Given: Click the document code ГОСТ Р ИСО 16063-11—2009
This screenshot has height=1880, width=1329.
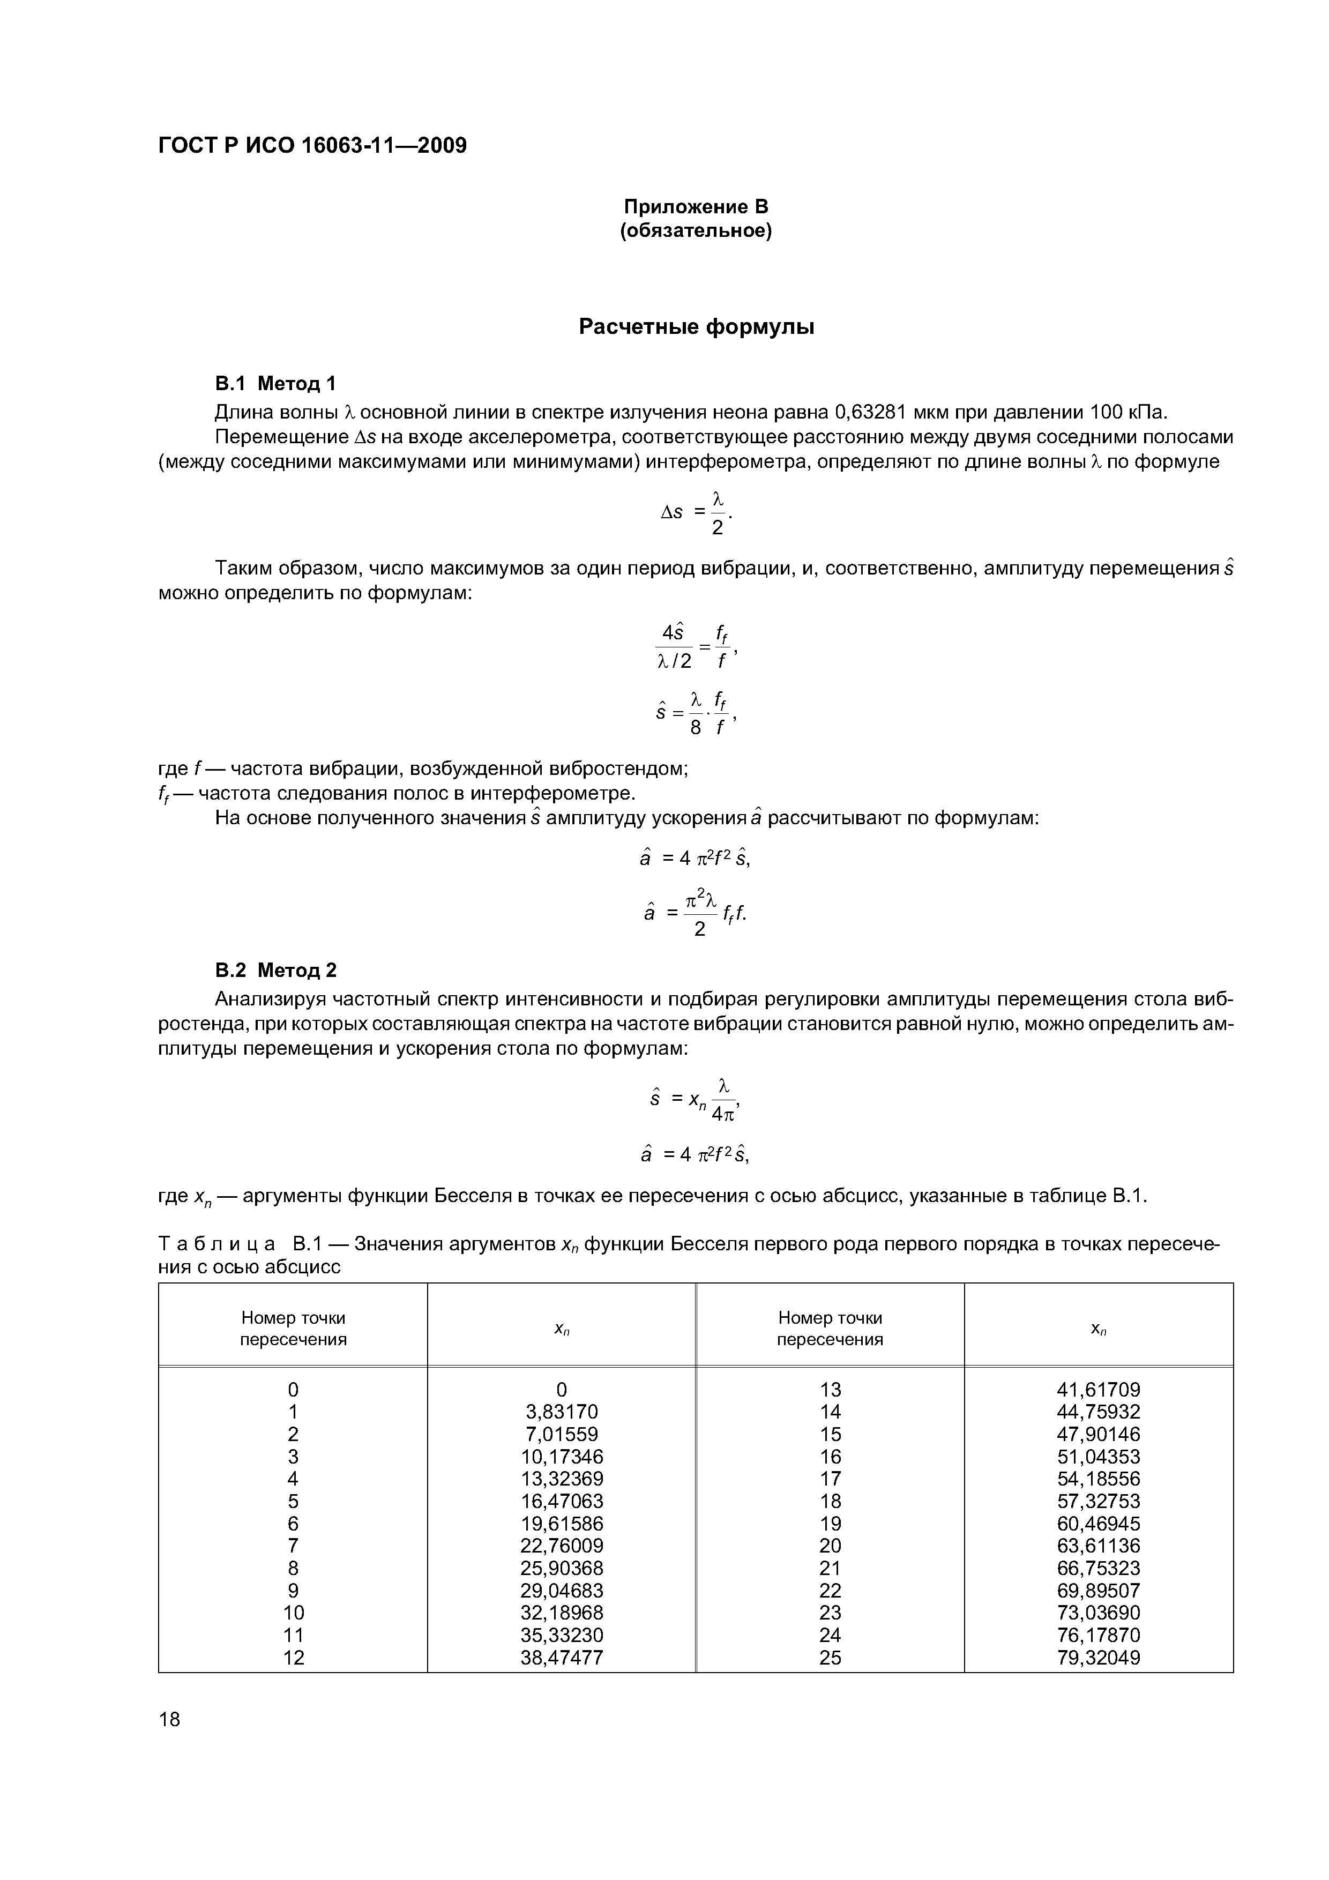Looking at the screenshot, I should pyautogui.click(x=312, y=146).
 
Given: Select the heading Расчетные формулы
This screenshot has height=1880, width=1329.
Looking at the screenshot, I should pyautogui.click(x=696, y=327).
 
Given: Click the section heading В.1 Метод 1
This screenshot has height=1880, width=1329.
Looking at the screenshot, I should pyautogui.click(x=275, y=383).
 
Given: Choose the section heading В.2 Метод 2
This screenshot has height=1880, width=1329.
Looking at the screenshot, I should pyautogui.click(x=275, y=971).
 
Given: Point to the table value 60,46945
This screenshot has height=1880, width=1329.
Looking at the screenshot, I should pyautogui.click(x=1099, y=1523).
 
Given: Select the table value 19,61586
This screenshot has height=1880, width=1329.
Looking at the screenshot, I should pyautogui.click(x=562, y=1523).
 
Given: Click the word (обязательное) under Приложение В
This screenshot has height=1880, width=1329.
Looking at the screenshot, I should pyautogui.click(x=696, y=232).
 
